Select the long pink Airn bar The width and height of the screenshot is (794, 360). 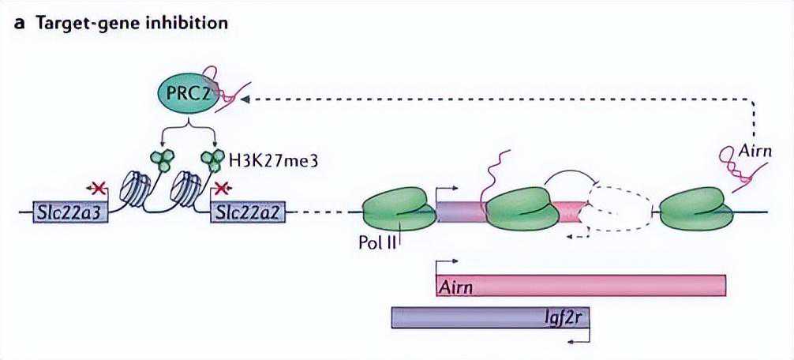[580, 285]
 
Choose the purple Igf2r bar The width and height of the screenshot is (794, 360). [491, 318]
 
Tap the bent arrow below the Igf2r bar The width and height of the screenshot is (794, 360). [579, 339]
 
